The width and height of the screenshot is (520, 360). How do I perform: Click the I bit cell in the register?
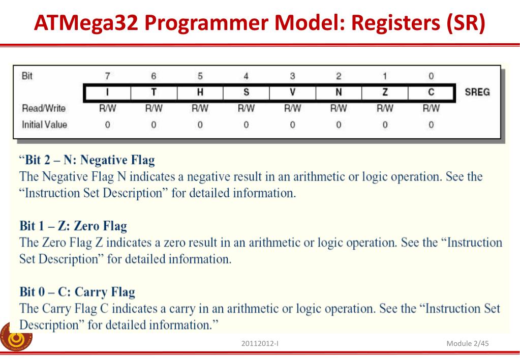pos(107,93)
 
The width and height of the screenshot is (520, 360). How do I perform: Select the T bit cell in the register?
pos(154,93)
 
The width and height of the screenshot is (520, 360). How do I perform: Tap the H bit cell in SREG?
pos(200,93)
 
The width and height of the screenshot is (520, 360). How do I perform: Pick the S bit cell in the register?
pos(246,93)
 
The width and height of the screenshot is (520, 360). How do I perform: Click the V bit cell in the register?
pos(292,93)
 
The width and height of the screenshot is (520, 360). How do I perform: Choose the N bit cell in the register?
pos(339,93)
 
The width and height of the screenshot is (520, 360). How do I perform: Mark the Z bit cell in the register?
pos(385,93)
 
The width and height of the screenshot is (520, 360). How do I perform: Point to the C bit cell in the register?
pos(431,93)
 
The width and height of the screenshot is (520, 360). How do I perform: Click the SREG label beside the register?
pos(477,93)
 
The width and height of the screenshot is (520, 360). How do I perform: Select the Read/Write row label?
pos(44,108)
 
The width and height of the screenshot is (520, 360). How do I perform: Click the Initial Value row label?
pos(44,124)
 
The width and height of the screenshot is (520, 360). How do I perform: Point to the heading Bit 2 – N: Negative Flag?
pos(87,161)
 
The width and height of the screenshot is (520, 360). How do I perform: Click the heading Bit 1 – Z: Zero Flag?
pos(73,226)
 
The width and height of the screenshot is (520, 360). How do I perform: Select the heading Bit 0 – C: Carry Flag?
pos(77,292)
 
